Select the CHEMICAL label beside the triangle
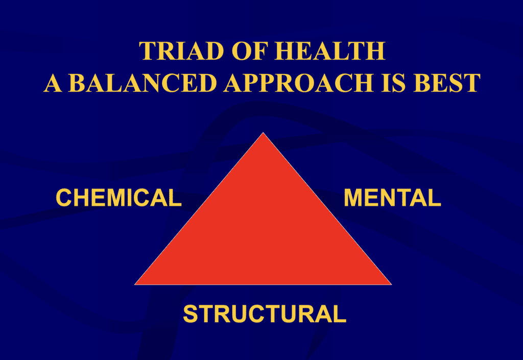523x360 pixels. (118, 198)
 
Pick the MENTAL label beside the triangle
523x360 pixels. (392, 198)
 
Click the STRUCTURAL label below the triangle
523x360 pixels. (265, 314)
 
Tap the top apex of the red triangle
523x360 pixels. (263, 134)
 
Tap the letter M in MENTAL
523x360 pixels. (353, 198)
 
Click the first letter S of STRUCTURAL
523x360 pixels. (190, 314)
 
